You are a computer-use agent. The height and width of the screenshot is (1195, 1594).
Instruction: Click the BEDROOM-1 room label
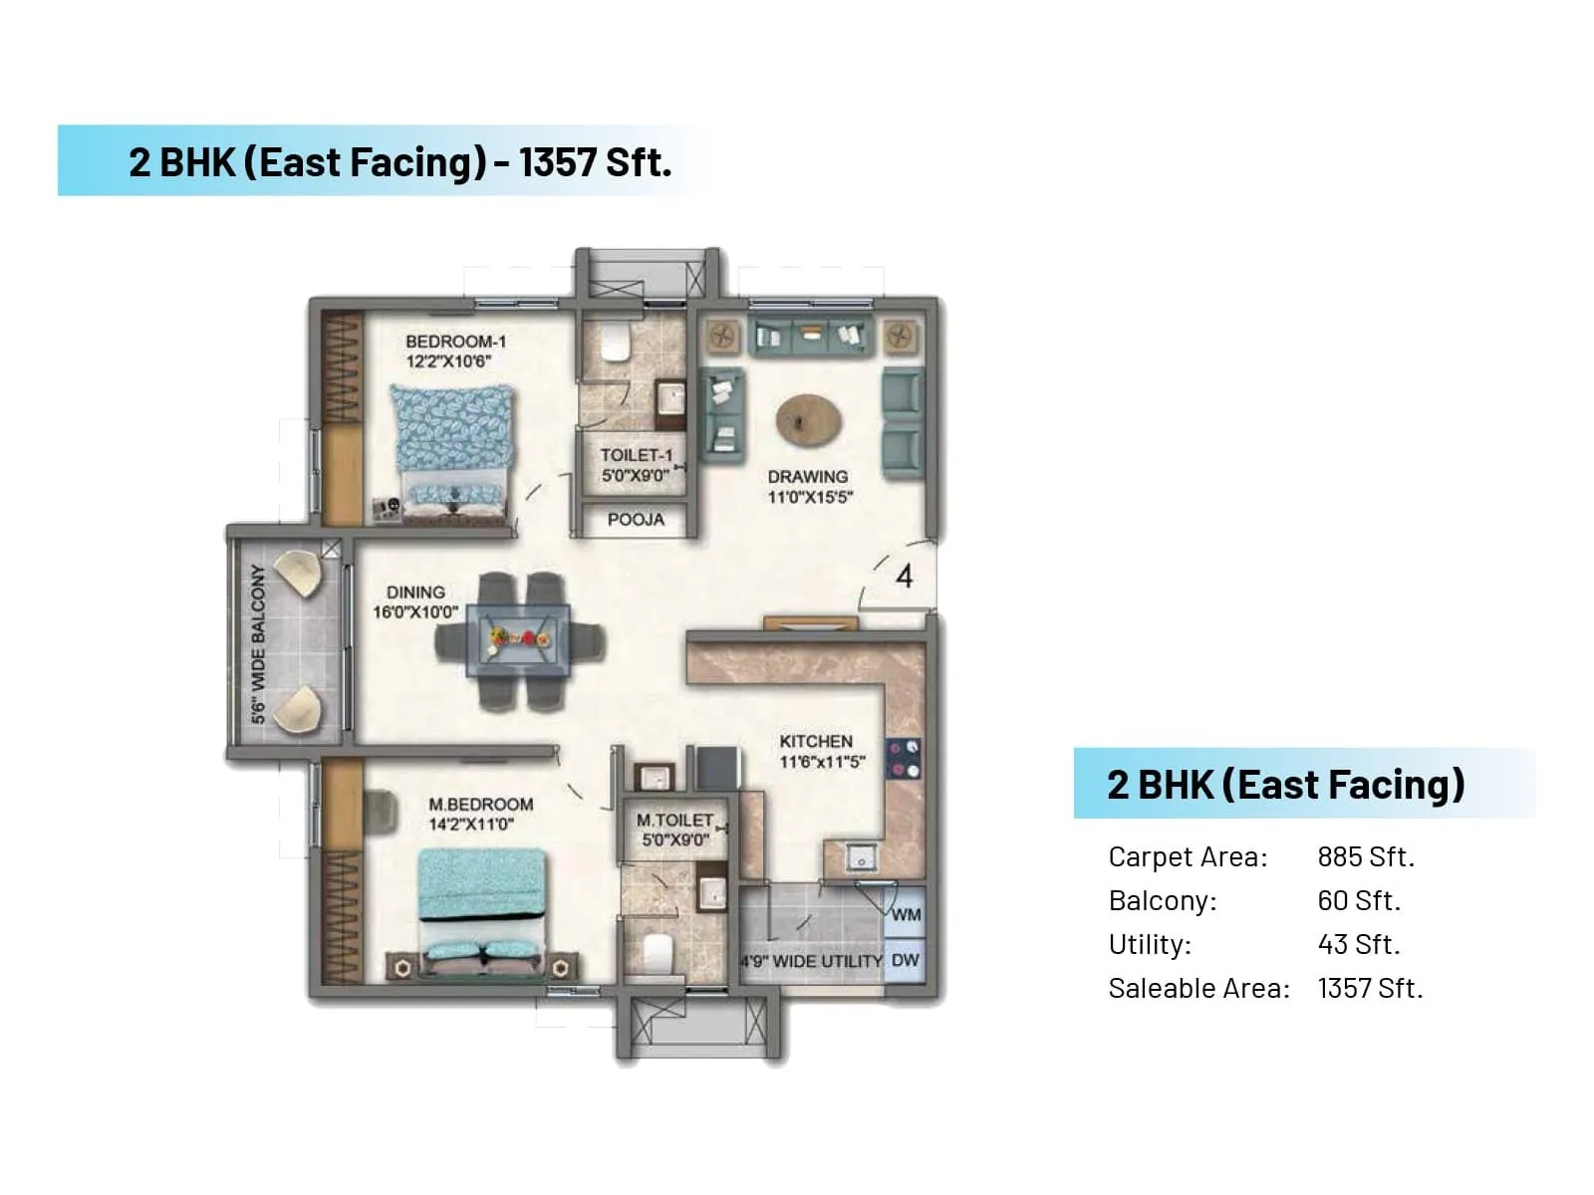tap(455, 342)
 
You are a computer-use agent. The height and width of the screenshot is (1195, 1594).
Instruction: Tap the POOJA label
tap(636, 520)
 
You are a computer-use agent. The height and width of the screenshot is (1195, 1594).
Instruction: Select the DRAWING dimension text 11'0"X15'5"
tap(810, 497)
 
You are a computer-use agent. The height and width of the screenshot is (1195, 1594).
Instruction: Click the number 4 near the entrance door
tap(904, 577)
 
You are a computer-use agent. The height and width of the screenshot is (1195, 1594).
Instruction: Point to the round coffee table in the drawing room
tap(808, 419)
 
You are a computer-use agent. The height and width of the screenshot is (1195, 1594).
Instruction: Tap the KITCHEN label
tap(816, 742)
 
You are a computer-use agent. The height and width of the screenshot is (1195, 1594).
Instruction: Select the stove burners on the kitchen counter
tap(904, 759)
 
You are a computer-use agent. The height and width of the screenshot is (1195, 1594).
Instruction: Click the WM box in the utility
tap(906, 914)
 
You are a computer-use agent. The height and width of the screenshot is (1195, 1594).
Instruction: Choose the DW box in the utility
tap(905, 961)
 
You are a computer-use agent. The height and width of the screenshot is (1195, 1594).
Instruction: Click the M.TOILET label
tap(674, 821)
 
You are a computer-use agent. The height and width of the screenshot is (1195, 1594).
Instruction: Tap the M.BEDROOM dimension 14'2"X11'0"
tap(471, 825)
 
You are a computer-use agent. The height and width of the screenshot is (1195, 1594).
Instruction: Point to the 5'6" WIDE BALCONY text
tap(258, 643)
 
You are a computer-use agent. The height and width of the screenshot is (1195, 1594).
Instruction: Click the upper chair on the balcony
tap(297, 575)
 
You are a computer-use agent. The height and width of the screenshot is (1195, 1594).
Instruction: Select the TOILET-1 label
tap(636, 455)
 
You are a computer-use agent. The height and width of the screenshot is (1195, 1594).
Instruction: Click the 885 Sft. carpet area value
tap(1365, 857)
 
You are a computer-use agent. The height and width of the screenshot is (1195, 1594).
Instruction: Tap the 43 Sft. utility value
tap(1358, 944)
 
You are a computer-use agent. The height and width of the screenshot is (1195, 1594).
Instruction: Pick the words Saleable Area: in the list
tap(1198, 989)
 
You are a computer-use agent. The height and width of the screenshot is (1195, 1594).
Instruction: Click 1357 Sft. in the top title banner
tap(595, 162)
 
